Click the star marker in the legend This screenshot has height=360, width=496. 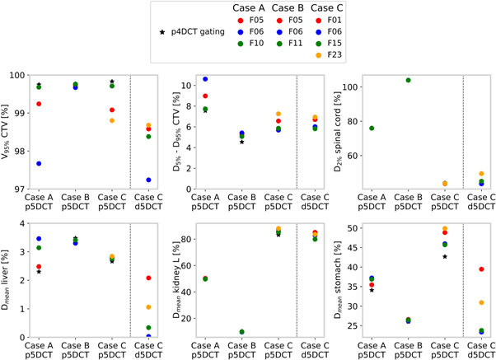(162, 32)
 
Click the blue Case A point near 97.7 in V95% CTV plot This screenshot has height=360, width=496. (40, 164)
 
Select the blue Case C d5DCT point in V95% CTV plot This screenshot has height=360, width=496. (148, 180)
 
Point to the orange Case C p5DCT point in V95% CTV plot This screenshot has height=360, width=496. (112, 121)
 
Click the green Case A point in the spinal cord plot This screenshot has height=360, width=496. (372, 129)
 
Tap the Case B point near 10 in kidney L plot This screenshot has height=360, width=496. (241, 332)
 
